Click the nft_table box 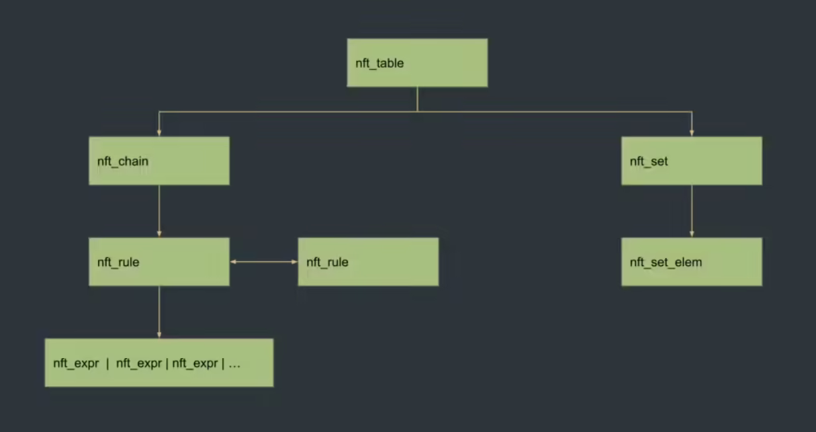[x=417, y=62]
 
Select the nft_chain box [x=159, y=161]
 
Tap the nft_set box [x=691, y=161]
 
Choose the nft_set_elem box [x=691, y=262]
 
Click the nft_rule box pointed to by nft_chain [x=159, y=262]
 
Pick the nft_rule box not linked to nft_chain [x=368, y=262]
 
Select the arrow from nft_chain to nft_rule [x=159, y=211]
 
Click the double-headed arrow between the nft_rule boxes [x=264, y=262]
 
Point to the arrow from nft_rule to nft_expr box [x=159, y=312]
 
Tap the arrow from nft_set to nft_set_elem [x=692, y=211]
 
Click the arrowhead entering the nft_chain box [x=159, y=133]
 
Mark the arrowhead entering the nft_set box [x=692, y=133]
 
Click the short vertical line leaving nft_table [x=418, y=99]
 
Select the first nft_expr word [x=76, y=363]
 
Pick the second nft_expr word [x=139, y=363]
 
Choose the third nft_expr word [x=195, y=363]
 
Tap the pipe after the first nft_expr [x=107, y=363]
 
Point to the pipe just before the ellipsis [x=223, y=363]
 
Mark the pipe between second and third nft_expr [x=167, y=363]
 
